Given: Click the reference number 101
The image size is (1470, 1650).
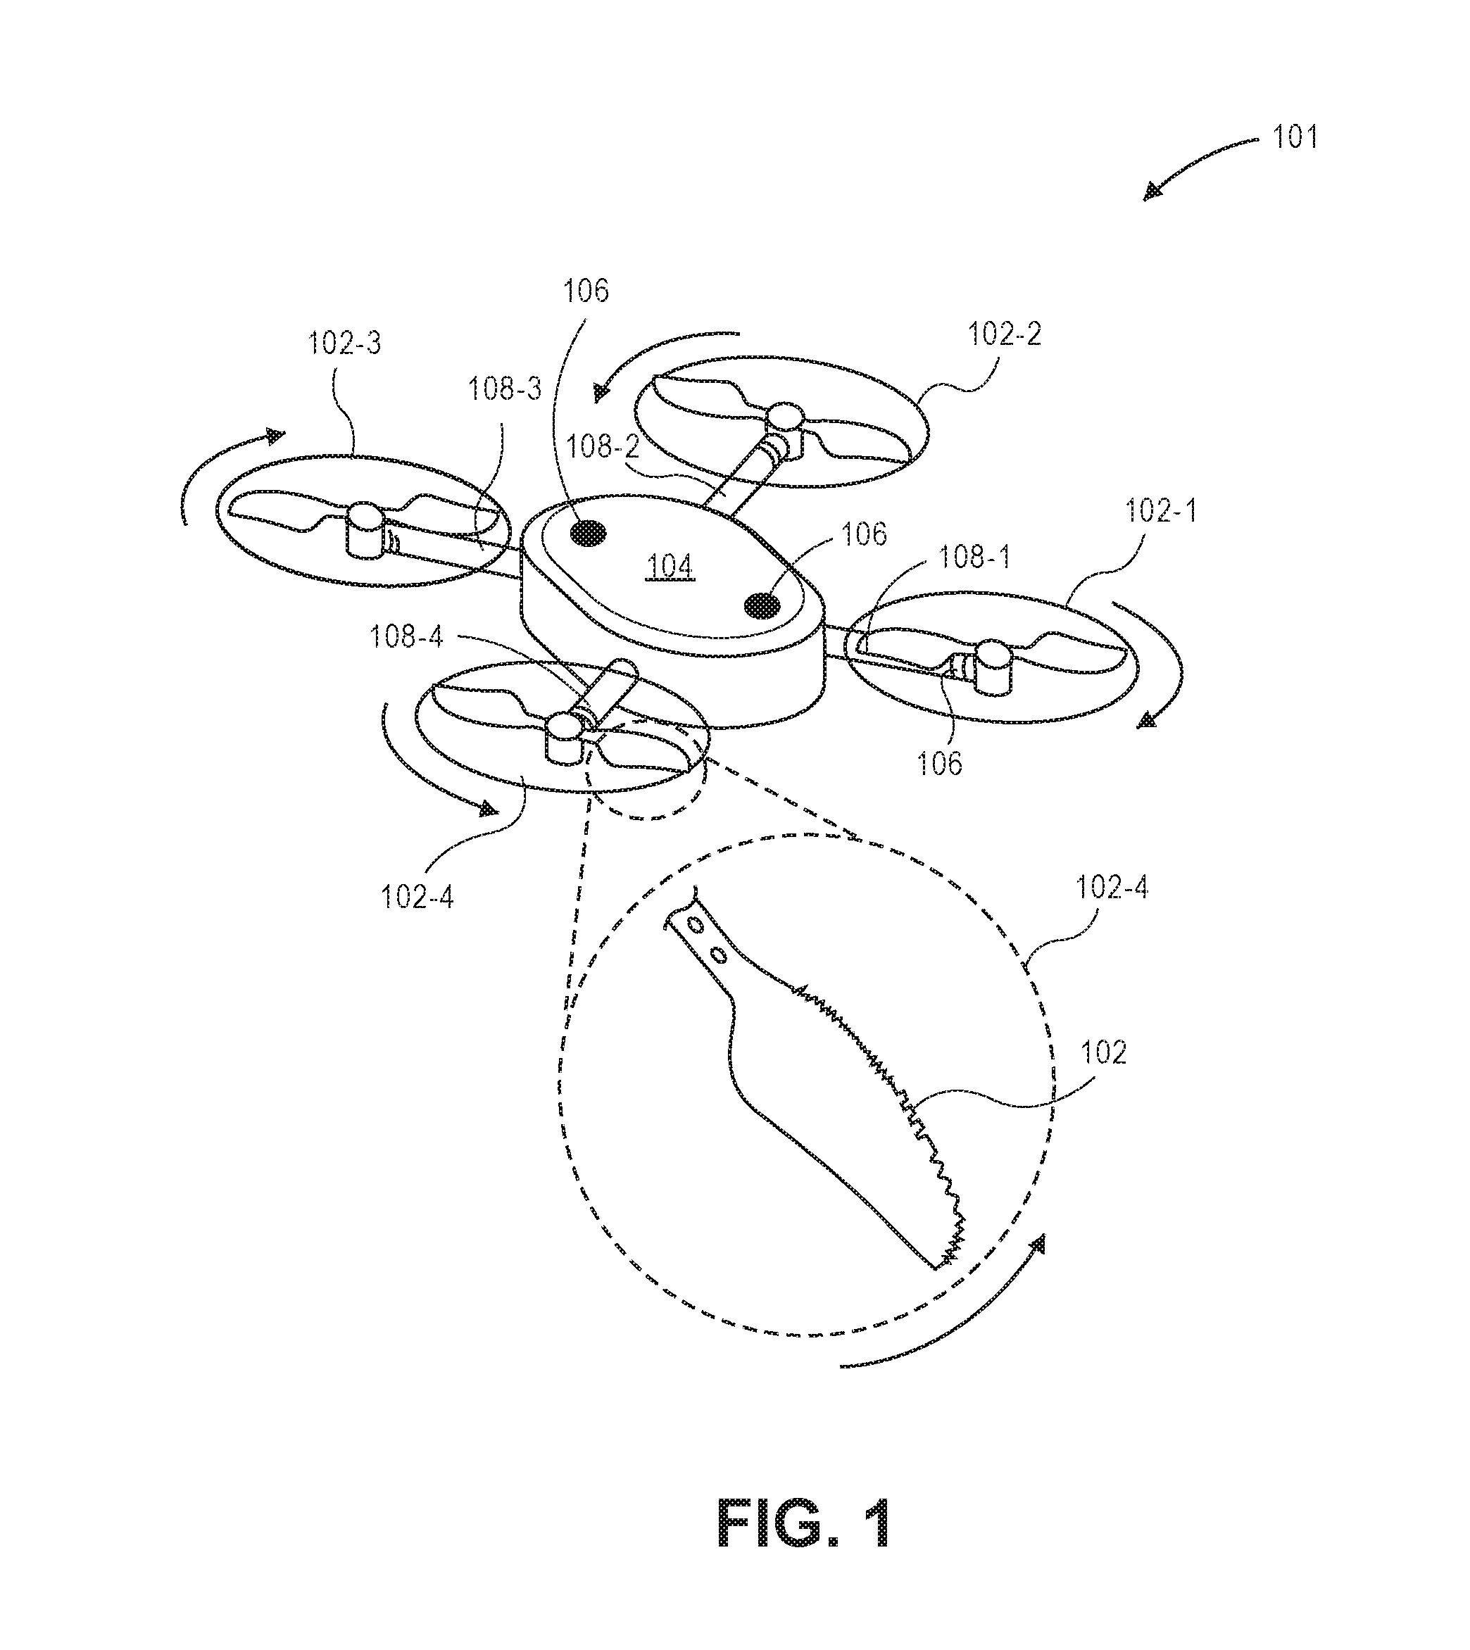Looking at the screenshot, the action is (1295, 137).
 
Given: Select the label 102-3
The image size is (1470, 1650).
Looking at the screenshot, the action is (344, 344).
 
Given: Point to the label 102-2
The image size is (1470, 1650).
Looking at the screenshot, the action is (1004, 334).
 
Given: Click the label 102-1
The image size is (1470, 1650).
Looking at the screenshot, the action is (1161, 510).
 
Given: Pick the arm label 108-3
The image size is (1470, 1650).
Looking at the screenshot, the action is (505, 389).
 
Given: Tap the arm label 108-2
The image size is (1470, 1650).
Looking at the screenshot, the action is (603, 445).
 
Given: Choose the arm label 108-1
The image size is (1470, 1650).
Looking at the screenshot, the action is (974, 558).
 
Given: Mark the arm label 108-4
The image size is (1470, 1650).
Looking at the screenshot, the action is (406, 636).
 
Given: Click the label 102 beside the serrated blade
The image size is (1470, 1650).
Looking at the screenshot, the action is (1103, 1052).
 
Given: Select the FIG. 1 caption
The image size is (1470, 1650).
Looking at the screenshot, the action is (805, 1523).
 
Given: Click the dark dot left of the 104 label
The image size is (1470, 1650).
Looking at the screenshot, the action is (589, 532).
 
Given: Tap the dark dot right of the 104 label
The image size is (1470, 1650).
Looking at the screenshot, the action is (763, 604).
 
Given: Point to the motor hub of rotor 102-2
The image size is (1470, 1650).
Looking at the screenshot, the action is (784, 429).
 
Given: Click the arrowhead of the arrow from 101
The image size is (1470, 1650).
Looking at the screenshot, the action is (1153, 191).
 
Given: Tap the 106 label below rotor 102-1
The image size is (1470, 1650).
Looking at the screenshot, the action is (939, 764).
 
